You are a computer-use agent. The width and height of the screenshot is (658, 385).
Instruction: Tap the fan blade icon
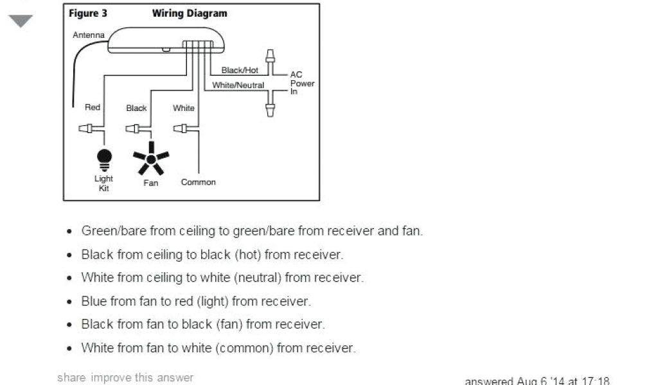point(150,158)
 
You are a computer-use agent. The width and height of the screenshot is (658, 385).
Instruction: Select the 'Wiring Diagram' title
point(190,13)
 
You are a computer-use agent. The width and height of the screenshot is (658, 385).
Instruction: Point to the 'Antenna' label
point(89,35)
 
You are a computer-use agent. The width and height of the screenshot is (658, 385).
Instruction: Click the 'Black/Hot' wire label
point(240,70)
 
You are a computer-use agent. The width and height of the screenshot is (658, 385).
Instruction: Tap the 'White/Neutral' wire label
point(238,85)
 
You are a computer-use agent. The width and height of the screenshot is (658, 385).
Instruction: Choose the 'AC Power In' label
point(302,83)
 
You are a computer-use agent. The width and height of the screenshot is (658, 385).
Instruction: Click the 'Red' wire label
point(93,107)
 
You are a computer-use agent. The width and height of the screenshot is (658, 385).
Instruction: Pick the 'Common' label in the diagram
point(198,182)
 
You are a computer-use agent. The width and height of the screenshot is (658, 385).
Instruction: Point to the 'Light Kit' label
point(103,184)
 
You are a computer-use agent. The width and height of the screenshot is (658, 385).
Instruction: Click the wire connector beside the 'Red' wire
point(87,128)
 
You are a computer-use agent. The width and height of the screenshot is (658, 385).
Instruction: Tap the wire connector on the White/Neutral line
point(271,101)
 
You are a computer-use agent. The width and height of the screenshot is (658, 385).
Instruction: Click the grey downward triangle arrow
point(21,21)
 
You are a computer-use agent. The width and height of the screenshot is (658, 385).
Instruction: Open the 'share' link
point(71,377)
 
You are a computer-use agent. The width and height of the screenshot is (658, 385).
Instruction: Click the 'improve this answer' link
point(142,377)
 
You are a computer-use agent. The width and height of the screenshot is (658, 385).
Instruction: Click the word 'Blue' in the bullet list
point(94,301)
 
